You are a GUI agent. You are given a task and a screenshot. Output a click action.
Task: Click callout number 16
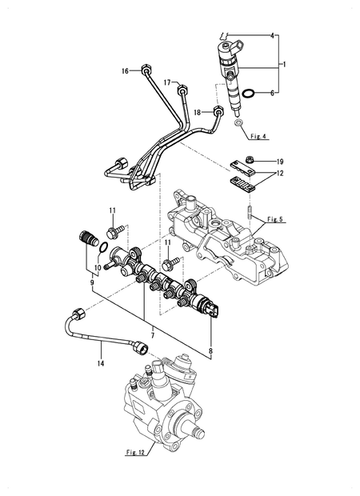click(126, 71)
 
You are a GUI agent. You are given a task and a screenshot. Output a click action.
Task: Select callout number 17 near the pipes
click(169, 82)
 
